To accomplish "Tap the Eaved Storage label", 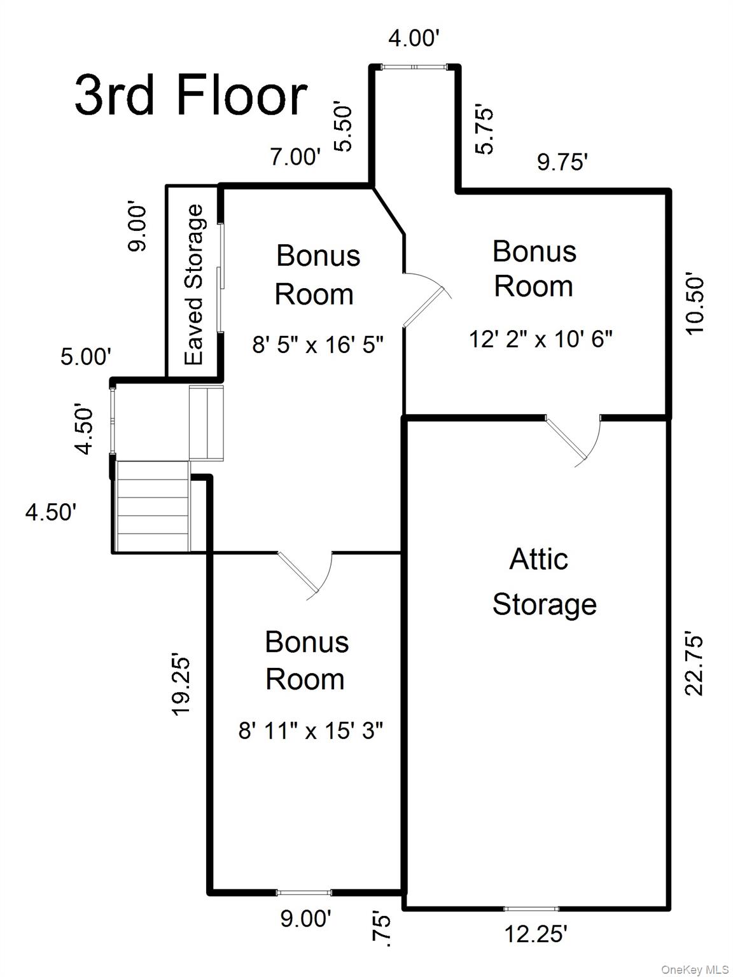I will pyautogui.click(x=194, y=284).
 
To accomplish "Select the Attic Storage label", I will pyautogui.click(x=544, y=582).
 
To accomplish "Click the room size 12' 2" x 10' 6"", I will pyautogui.click(x=540, y=339).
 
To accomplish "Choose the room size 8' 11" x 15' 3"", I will pyautogui.click(x=311, y=731).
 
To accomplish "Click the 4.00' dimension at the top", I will pyautogui.click(x=414, y=39).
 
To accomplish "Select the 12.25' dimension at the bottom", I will pyautogui.click(x=536, y=934).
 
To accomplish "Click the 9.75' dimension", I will pyautogui.click(x=561, y=162).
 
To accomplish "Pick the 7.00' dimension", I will pyautogui.click(x=295, y=156).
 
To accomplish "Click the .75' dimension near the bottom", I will pyautogui.click(x=379, y=929).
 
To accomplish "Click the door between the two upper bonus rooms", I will pyautogui.click(x=426, y=299).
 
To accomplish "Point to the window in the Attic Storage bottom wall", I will pyautogui.click(x=531, y=909).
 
